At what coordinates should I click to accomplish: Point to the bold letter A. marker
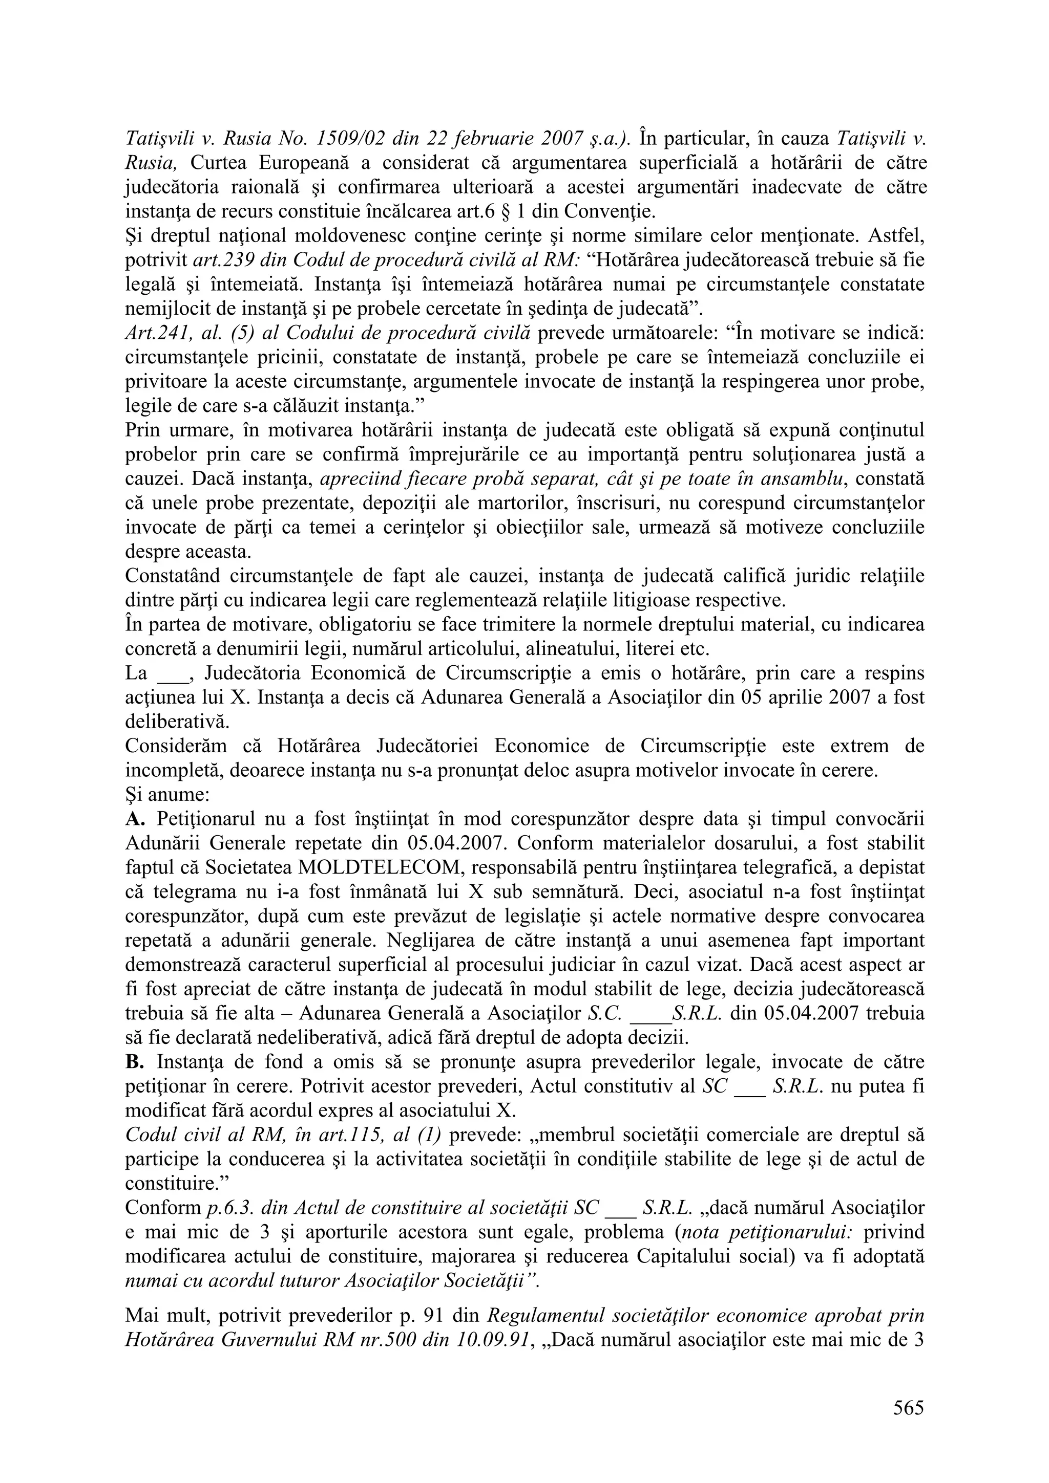click(x=134, y=818)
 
